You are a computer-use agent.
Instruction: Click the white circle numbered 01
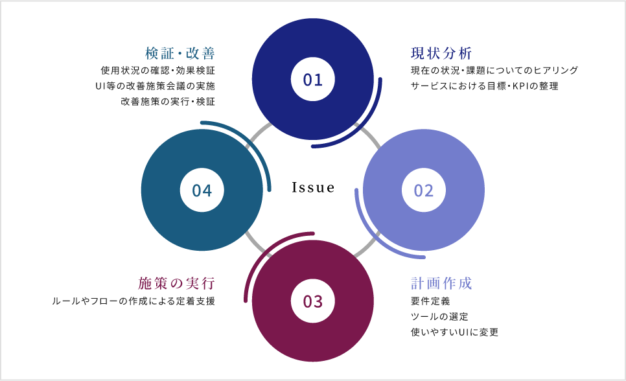(312, 79)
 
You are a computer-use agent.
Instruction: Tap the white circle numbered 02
(423, 190)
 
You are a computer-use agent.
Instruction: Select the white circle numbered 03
(312, 301)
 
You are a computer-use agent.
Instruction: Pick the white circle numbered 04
(202, 190)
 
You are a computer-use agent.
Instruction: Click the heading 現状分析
(441, 53)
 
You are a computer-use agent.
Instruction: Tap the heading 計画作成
(441, 284)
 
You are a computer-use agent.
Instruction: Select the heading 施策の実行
(176, 284)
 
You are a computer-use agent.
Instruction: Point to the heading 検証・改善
(180, 53)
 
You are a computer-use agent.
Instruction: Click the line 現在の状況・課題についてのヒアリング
(494, 70)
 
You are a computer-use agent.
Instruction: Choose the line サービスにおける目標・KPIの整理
(484, 86)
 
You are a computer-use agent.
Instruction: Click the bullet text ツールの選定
(439, 317)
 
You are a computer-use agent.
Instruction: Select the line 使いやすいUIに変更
(454, 332)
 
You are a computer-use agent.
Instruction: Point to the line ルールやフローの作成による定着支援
(133, 301)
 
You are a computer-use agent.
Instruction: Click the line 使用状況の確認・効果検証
(158, 70)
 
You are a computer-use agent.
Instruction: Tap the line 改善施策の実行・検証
(168, 102)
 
